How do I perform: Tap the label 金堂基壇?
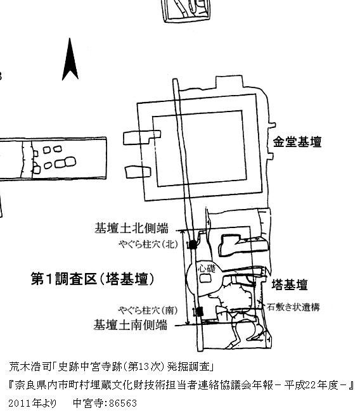pyautogui.click(x=297, y=142)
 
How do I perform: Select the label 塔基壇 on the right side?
pyautogui.click(x=290, y=284)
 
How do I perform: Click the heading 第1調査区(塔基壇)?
pyautogui.click(x=93, y=279)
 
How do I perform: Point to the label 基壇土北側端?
pyautogui.click(x=131, y=228)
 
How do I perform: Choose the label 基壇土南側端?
pyautogui.click(x=130, y=325)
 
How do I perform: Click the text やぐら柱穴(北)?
pyautogui.click(x=148, y=244)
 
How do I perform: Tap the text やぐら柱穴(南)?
pyautogui.click(x=148, y=310)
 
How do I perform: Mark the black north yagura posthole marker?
pyautogui.click(x=193, y=245)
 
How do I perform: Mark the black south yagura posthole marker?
pyautogui.click(x=200, y=312)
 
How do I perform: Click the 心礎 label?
pyautogui.click(x=207, y=268)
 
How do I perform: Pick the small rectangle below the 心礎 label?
pyautogui.click(x=205, y=279)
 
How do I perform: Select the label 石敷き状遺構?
pyautogui.click(x=293, y=307)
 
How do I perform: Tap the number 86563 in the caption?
pyautogui.click(x=123, y=403)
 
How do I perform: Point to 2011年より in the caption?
pyautogui.click(x=32, y=403)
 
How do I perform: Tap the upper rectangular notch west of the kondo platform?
pyautogui.click(x=142, y=137)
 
